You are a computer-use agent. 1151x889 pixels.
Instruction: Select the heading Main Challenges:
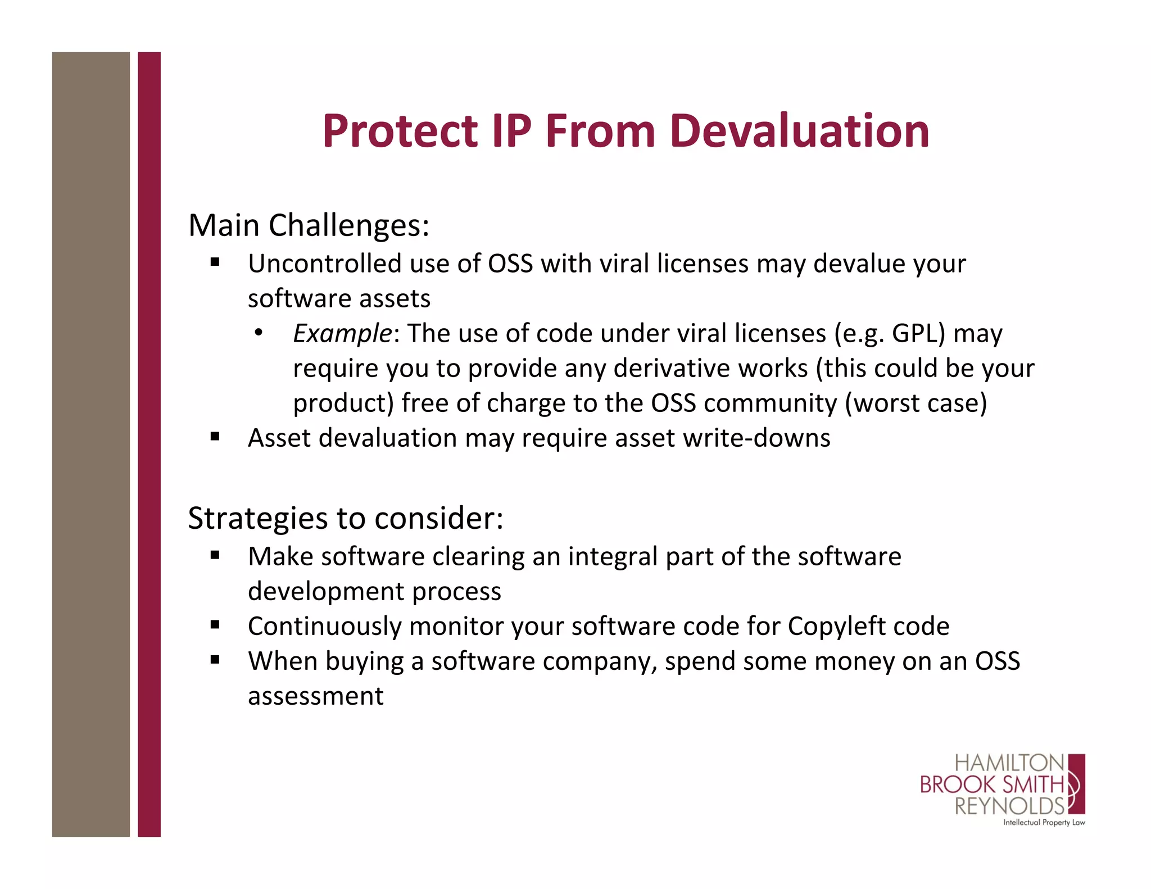pyautogui.click(x=309, y=225)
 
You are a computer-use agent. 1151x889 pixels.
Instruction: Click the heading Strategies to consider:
pyautogui.click(x=345, y=518)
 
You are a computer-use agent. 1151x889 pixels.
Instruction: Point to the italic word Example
pyautogui.click(x=342, y=333)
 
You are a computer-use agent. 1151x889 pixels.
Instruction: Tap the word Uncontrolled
pyautogui.click(x=324, y=264)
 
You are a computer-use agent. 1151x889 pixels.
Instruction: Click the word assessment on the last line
pyautogui.click(x=315, y=696)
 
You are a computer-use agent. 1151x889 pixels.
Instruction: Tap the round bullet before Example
pyautogui.click(x=258, y=333)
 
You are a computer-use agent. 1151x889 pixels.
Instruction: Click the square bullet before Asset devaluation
pyautogui.click(x=215, y=436)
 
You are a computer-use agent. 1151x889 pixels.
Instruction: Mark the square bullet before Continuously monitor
pyautogui.click(x=215, y=624)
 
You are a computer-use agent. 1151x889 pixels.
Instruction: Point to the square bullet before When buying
pyautogui.click(x=215, y=659)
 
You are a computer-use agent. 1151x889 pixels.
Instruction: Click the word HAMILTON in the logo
pyautogui.click(x=1009, y=763)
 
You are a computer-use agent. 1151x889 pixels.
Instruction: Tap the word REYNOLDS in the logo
pyautogui.click(x=1009, y=806)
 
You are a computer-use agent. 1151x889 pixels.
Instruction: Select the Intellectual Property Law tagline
pyautogui.click(x=1044, y=823)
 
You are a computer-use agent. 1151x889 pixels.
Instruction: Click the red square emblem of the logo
pyautogui.click(x=1076, y=784)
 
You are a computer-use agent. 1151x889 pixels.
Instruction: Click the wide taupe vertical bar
pyautogui.click(x=90, y=444)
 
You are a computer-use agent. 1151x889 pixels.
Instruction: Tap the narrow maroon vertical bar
pyautogui.click(x=149, y=444)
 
